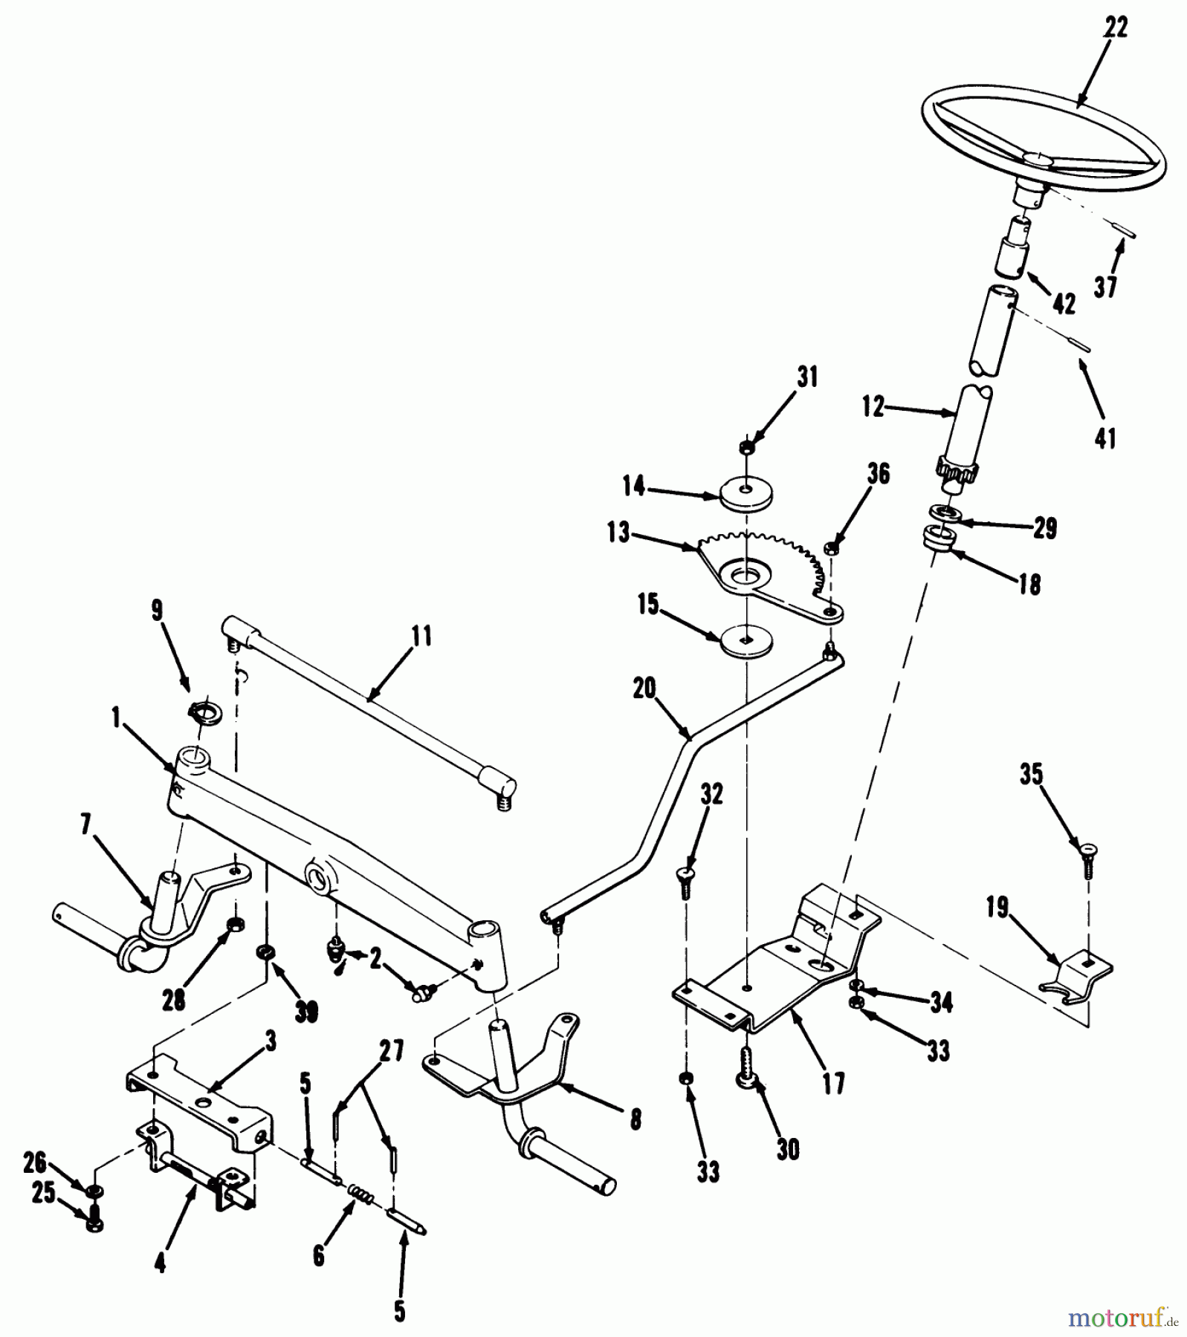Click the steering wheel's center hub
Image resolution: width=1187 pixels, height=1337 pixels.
click(x=1038, y=159)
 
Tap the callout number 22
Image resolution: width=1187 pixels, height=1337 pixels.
click(x=1116, y=28)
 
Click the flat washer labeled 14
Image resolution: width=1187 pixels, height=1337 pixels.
click(x=745, y=494)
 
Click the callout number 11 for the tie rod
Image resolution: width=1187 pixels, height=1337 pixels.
click(x=421, y=637)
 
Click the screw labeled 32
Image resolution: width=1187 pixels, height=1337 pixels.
click(x=685, y=882)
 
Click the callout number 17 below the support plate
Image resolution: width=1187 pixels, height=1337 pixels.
click(x=833, y=1084)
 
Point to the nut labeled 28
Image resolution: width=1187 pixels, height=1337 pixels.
click(x=236, y=924)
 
